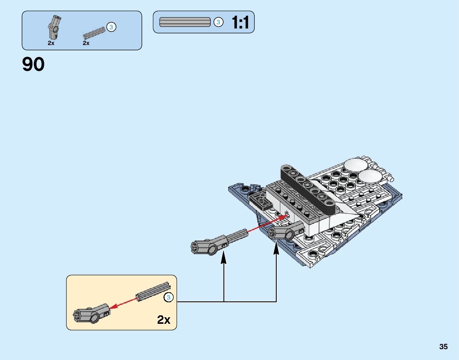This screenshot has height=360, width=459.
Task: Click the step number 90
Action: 34,64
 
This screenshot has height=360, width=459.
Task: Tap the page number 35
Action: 443,347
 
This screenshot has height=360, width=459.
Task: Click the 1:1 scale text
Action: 240,23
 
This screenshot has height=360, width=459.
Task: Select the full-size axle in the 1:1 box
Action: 185,22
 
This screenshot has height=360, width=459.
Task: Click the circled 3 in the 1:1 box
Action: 218,22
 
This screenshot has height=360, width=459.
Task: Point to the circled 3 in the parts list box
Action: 111,27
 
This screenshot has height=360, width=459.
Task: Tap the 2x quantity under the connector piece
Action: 51,43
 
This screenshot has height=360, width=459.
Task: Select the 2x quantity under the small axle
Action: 86,43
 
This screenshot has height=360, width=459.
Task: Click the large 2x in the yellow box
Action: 163,320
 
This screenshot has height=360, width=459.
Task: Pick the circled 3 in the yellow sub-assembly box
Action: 168,297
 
